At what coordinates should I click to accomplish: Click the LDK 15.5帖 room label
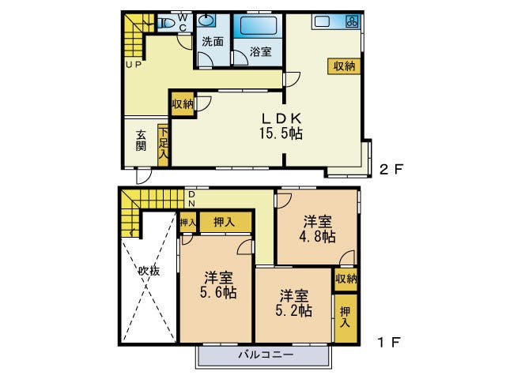point(281,126)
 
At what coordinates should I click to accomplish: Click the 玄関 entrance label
point(140,140)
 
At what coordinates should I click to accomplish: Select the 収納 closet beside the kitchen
point(343,66)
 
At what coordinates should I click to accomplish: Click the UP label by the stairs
point(132,66)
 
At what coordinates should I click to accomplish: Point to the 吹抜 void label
point(149,271)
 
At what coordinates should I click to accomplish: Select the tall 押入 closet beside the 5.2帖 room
point(345,317)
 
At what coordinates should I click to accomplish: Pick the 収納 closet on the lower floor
point(346,278)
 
